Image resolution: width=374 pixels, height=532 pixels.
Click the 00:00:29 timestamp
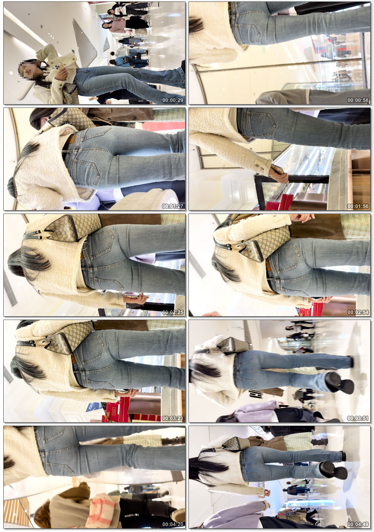point(173,100)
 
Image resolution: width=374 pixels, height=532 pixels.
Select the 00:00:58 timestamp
point(358,100)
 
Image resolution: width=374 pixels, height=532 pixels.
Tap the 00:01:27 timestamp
point(173,206)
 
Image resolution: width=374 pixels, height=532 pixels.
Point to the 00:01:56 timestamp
point(358,206)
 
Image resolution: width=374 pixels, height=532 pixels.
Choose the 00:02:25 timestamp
point(173,312)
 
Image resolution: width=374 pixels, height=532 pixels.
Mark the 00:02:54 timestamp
point(358,312)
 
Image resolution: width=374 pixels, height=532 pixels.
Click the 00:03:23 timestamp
point(173,418)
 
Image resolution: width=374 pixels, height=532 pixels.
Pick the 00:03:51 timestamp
point(358,418)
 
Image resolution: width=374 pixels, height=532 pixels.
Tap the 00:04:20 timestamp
point(173,524)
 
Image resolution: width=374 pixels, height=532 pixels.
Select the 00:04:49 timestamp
point(358,524)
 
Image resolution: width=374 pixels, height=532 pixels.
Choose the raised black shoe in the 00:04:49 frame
point(333,471)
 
